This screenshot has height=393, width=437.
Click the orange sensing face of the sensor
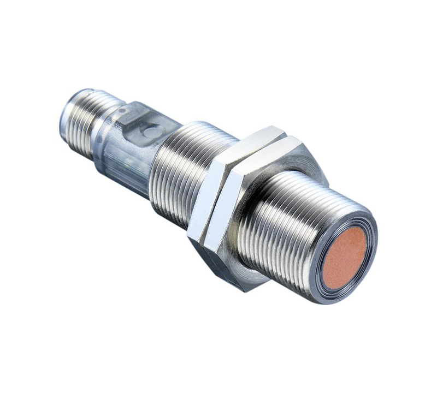[x=345, y=257]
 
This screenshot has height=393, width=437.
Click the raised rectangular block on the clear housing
[x=134, y=117]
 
